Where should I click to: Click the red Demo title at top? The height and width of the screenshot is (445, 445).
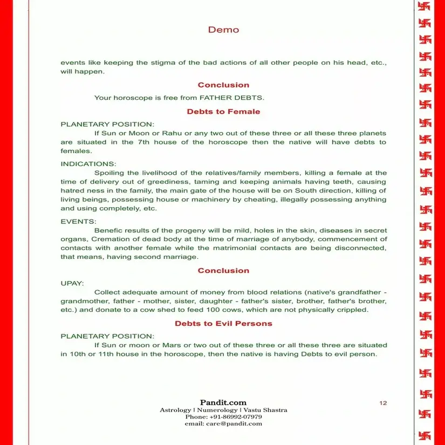tap(223, 30)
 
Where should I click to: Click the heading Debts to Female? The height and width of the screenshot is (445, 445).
tap(223, 112)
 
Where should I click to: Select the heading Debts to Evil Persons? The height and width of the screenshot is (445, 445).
tap(223, 324)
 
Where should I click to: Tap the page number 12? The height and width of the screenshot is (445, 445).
tap(383, 403)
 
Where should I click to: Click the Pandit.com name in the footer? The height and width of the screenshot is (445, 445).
tap(223, 402)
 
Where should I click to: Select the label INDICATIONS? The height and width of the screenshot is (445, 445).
tap(88, 163)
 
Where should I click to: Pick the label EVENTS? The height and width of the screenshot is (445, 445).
tap(79, 221)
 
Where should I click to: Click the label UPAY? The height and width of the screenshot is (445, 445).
tap(72, 282)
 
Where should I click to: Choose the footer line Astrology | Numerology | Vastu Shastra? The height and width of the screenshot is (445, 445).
tap(223, 410)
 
